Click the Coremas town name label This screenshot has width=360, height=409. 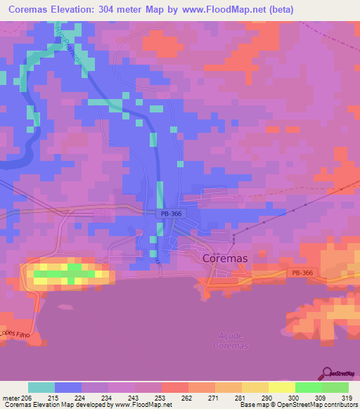pos(225,258)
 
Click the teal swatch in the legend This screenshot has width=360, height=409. pos(41,387)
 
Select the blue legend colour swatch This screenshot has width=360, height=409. pos(67,387)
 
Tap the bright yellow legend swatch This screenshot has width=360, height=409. pos(281,387)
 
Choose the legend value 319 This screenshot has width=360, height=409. pos(346,398)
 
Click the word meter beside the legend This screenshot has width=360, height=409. pos(11,398)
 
